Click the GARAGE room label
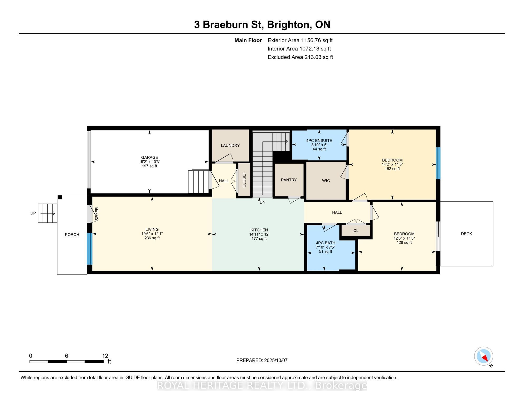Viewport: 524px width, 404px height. pos(149,157)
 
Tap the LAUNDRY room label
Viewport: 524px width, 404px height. pos(230,145)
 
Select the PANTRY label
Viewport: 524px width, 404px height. pos(289,180)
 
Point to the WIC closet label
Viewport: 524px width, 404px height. pos(326,181)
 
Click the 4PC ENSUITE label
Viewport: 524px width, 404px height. pos(319,140)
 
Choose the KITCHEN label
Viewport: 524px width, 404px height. pos(259,230)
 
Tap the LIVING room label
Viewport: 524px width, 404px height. pos(152,229)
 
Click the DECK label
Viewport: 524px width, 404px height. pos(466,234)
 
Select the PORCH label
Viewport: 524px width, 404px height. pos(72,235)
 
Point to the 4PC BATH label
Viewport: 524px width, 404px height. pos(326,243)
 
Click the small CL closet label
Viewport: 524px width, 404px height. pos(356,230)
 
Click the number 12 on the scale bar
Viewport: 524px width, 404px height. pos(105,356)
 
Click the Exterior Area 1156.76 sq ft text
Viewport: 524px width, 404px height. pos(300,40)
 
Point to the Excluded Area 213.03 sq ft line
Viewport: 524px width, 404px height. pos(300,57)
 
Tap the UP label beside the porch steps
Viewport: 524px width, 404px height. pos(33,213)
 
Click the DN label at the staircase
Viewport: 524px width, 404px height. pos(263,202)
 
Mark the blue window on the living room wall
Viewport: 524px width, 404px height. pos(90,249)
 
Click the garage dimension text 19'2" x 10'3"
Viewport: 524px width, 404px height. pos(149,162)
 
